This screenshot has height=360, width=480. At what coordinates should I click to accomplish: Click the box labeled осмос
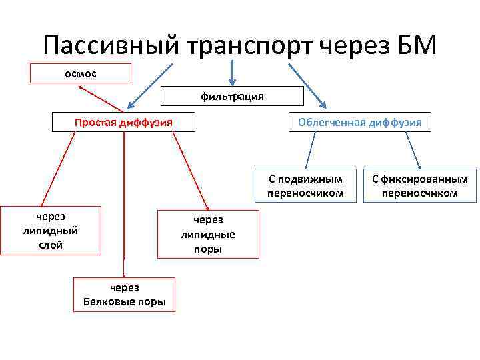(x=81, y=73)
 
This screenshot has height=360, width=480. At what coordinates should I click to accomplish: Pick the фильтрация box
(x=232, y=97)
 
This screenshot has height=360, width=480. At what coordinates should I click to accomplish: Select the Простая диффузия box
(x=124, y=122)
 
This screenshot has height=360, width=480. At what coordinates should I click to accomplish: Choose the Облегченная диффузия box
(x=359, y=123)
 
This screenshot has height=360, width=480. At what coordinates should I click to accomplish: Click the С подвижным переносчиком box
(x=305, y=185)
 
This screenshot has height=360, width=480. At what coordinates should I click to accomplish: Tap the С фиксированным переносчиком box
(x=420, y=185)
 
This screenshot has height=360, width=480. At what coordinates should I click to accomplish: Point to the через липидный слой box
(x=51, y=231)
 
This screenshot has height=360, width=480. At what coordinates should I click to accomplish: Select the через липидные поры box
(x=208, y=234)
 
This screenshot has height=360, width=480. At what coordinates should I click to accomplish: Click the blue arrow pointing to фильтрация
(x=232, y=73)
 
